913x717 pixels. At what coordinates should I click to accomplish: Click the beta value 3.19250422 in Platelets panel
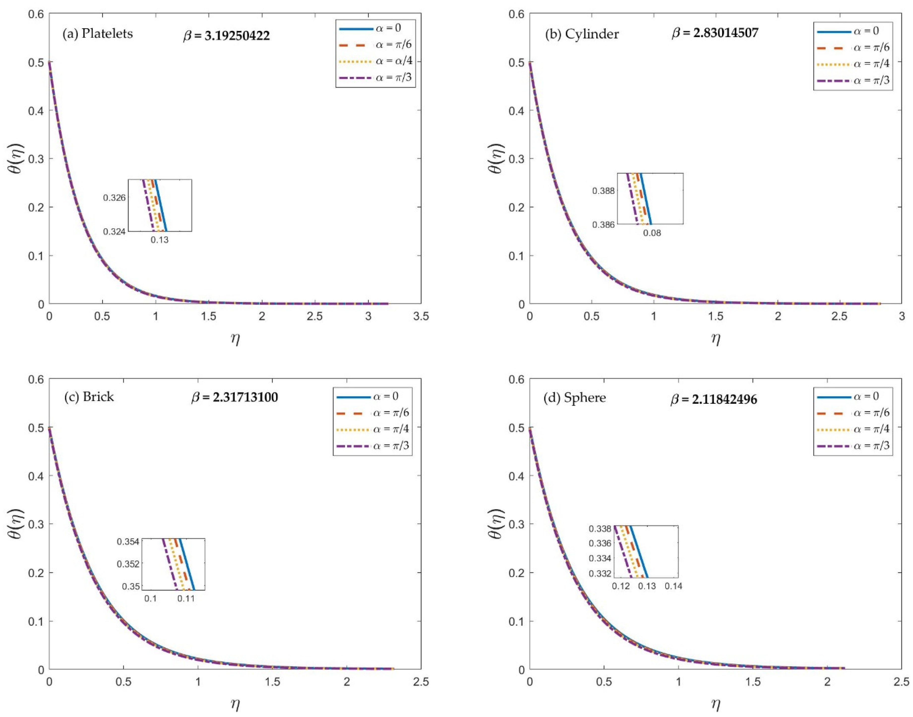pos(227,36)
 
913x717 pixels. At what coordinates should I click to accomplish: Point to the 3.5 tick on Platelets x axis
pos(421,316)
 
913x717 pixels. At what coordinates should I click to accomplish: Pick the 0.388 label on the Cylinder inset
pos(603,190)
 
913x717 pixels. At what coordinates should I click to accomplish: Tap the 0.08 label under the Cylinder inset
pos(652,233)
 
